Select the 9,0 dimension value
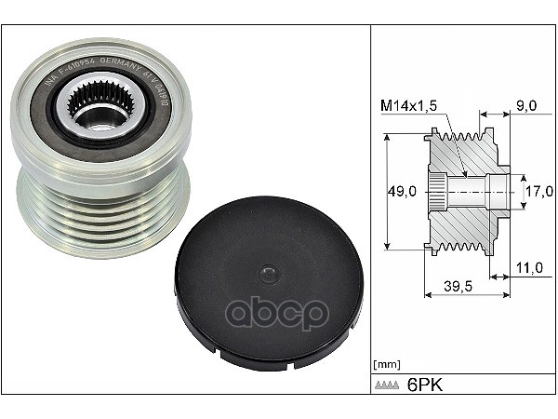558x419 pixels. (526, 106)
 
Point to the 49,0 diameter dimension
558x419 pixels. (401, 192)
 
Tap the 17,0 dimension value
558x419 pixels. (540, 192)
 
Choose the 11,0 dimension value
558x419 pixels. (528, 267)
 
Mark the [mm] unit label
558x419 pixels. (386, 363)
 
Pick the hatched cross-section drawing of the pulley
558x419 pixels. (465, 194)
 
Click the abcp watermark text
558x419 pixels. (278, 313)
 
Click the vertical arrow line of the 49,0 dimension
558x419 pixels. (385, 192)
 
